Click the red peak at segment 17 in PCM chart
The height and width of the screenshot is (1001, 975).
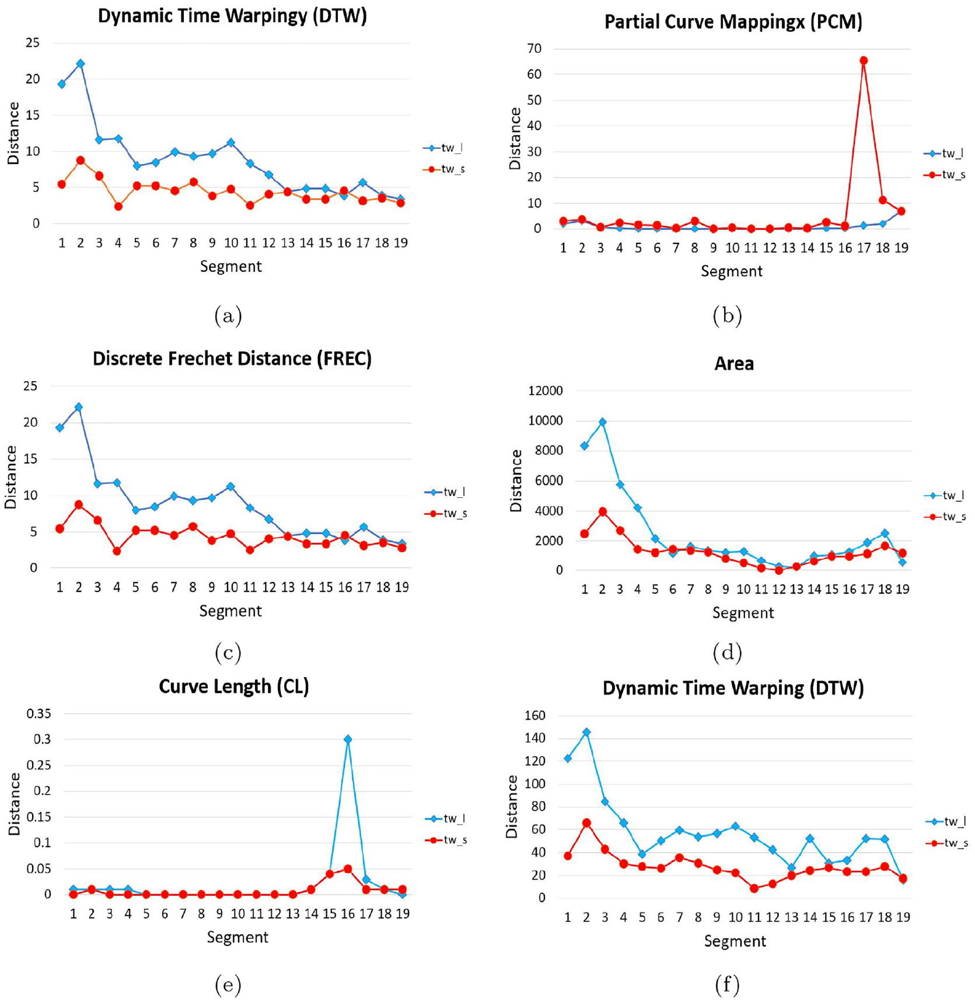pos(864,61)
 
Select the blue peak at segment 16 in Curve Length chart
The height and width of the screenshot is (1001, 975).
pos(348,740)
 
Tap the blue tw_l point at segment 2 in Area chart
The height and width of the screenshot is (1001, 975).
pos(603,422)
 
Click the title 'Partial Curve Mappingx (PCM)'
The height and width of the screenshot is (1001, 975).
pos(733,22)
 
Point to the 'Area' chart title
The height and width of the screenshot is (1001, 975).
pos(734,364)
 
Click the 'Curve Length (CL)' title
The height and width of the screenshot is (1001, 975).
pos(234,686)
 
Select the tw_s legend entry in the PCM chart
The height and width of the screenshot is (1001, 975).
pos(945,175)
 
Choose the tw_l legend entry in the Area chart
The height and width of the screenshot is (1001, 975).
pos(945,496)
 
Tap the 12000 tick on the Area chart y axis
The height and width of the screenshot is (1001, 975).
pos(546,391)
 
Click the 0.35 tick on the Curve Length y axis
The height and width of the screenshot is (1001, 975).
pos(39,713)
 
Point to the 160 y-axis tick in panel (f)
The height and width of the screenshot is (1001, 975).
pos(535,716)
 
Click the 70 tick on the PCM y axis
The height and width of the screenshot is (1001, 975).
pos(534,48)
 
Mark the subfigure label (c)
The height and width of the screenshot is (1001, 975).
pos(228,652)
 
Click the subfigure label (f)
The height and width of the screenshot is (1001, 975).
pos(727,985)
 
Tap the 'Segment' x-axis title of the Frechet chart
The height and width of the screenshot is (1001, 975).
pos(230,611)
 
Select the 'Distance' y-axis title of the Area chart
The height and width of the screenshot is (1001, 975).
pos(516,481)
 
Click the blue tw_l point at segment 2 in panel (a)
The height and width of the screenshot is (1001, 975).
pos(81,64)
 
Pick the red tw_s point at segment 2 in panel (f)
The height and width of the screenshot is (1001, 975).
pos(586,823)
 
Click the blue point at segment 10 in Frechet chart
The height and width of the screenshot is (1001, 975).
pos(230,486)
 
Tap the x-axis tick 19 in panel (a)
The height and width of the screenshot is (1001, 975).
pos(401,243)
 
